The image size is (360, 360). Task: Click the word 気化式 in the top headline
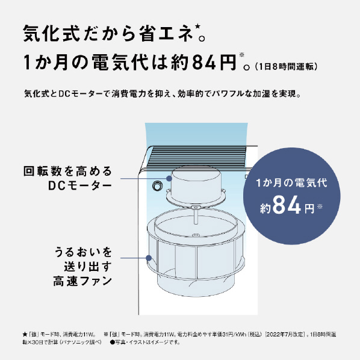[x=51, y=34]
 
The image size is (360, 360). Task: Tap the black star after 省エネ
[x=197, y=26]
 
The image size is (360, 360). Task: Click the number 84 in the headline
[x=204, y=62]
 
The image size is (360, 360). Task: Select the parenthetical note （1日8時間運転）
[x=286, y=67]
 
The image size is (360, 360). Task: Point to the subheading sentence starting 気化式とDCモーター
[x=163, y=94]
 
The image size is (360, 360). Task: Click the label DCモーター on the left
[x=80, y=186]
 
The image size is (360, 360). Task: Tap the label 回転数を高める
[x=68, y=172]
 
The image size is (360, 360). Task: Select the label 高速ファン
[x=82, y=281]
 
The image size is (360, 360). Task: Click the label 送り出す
[x=88, y=267]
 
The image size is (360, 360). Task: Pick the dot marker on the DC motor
[x=169, y=178]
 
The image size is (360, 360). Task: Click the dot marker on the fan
[x=149, y=258]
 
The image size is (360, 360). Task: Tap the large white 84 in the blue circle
[x=287, y=205]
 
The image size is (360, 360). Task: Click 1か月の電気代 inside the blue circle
[x=291, y=183]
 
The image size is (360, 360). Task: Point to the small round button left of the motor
[x=157, y=186]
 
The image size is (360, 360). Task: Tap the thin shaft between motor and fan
[x=196, y=215]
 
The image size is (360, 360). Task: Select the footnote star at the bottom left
[x=25, y=335]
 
